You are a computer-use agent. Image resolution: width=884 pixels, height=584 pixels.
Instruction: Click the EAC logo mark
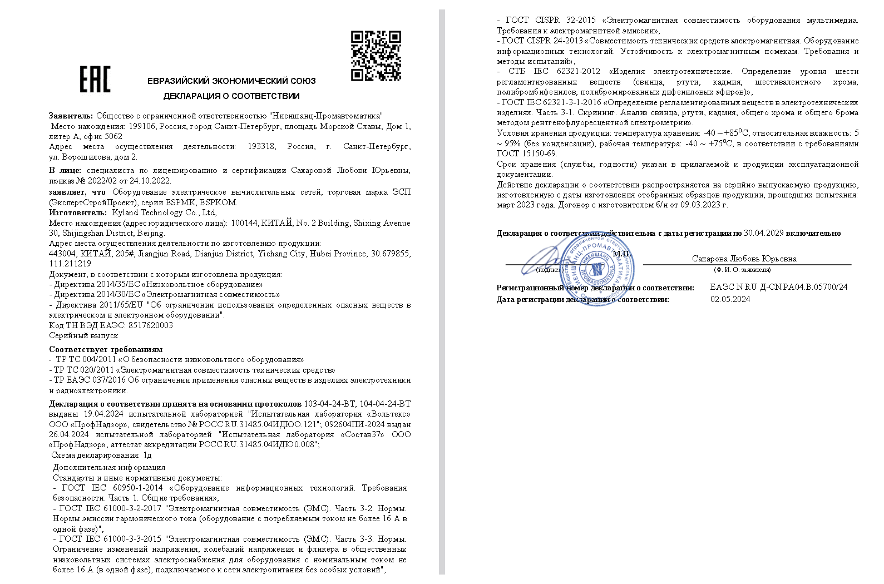(x=95, y=80)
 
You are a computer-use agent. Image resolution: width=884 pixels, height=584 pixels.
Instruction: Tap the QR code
(x=376, y=56)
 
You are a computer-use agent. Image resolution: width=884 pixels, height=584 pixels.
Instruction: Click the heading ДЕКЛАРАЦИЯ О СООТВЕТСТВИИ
(x=231, y=96)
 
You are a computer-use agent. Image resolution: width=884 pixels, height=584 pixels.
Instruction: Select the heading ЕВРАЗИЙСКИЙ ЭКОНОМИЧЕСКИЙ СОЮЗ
(x=231, y=81)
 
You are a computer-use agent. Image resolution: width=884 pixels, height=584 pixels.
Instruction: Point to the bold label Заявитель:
(x=71, y=116)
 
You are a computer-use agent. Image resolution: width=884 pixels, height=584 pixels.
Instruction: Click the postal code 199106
(x=142, y=126)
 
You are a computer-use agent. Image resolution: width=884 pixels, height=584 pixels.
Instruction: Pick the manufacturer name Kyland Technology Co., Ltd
(x=164, y=212)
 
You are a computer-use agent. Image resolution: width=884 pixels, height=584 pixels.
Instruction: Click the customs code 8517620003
(x=150, y=325)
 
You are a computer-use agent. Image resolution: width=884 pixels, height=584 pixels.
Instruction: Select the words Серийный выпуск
(x=83, y=336)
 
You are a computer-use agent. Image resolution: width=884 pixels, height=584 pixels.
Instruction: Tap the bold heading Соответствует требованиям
(x=106, y=349)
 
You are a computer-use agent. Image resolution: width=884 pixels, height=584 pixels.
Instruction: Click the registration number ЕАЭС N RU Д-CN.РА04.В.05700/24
(x=779, y=287)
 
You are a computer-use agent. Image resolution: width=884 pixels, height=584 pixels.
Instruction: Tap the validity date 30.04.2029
(x=763, y=234)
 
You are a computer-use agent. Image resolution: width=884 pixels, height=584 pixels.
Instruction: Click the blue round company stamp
(x=596, y=270)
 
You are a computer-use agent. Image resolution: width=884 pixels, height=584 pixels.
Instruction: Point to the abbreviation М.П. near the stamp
(x=621, y=254)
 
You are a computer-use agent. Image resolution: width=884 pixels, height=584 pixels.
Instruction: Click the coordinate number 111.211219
(x=70, y=264)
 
